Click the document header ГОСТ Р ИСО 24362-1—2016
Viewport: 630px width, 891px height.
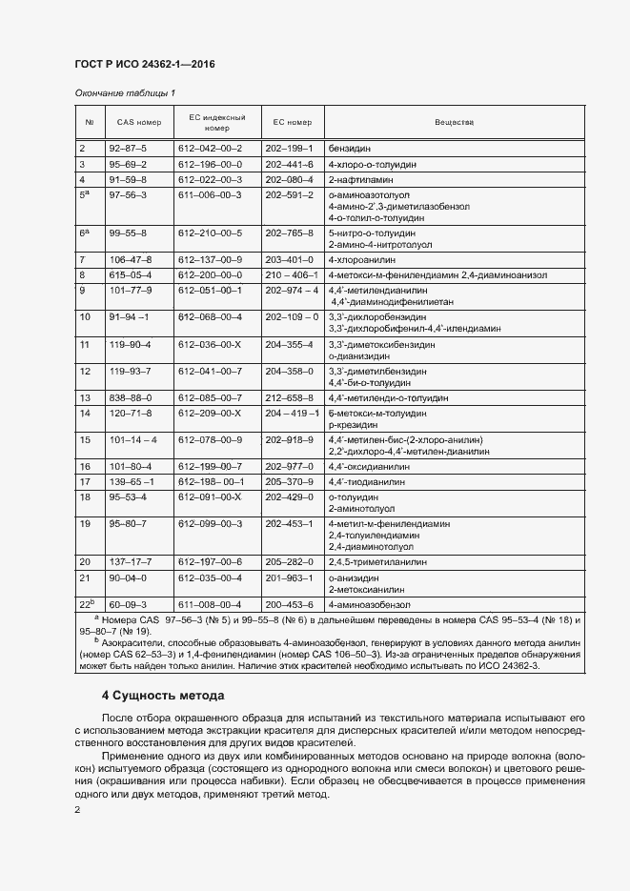[x=144, y=64]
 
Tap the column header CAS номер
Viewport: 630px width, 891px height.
[x=139, y=122]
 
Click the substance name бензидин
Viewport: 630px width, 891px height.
[x=349, y=149]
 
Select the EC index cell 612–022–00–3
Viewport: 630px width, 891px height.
[x=210, y=179]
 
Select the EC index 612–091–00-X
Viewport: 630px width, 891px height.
[x=210, y=497]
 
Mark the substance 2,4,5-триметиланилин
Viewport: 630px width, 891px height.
[x=374, y=561]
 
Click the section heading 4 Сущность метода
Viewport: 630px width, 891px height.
[x=163, y=696]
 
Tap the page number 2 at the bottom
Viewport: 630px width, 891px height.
[x=77, y=810]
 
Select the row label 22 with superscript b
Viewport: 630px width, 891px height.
[x=86, y=604]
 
